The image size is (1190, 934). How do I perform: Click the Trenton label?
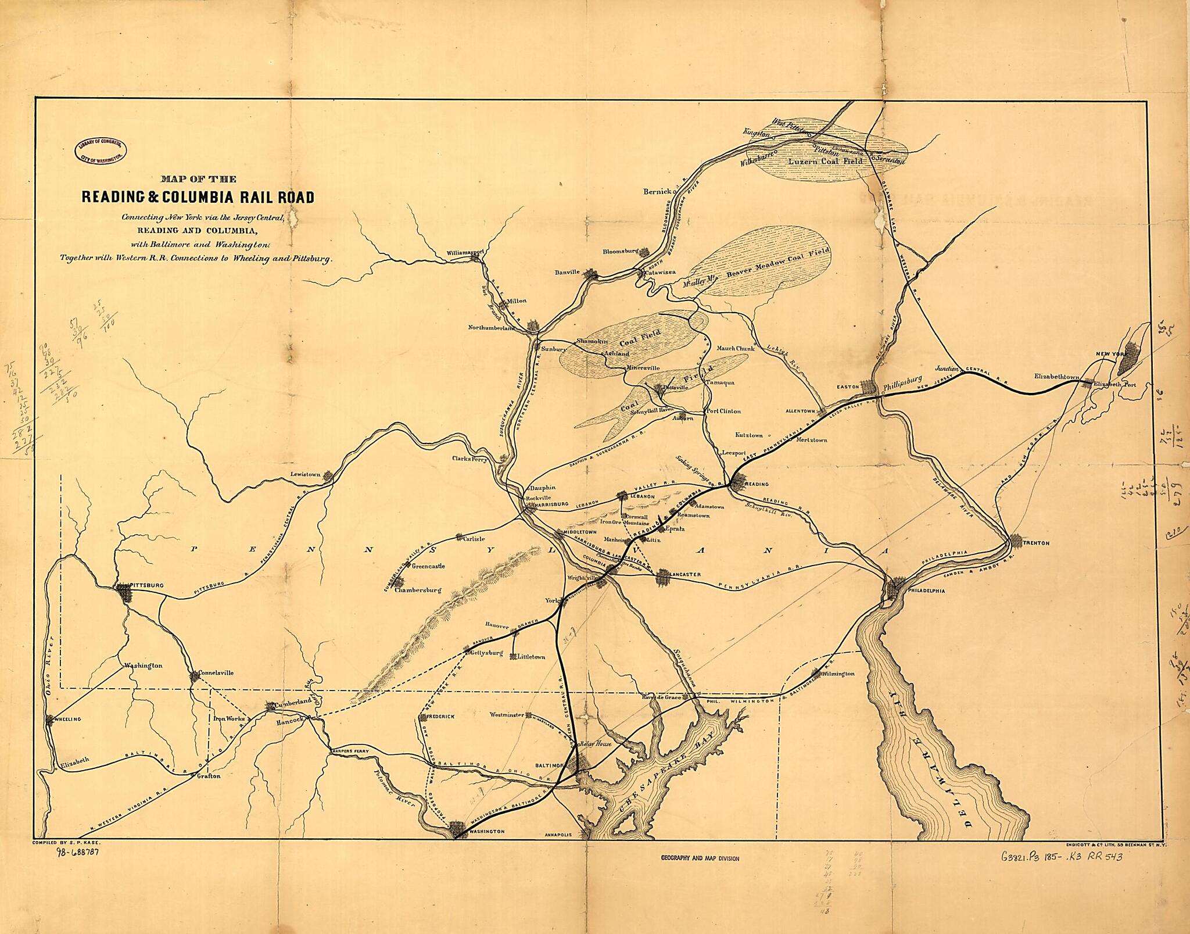pyautogui.click(x=1036, y=543)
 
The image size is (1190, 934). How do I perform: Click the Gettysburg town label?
pyautogui.click(x=485, y=653)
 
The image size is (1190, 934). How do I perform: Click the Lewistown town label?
pyautogui.click(x=306, y=474)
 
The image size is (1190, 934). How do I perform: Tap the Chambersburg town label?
pyautogui.click(x=418, y=590)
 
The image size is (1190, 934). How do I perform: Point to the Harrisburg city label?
pyautogui.click(x=549, y=506)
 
